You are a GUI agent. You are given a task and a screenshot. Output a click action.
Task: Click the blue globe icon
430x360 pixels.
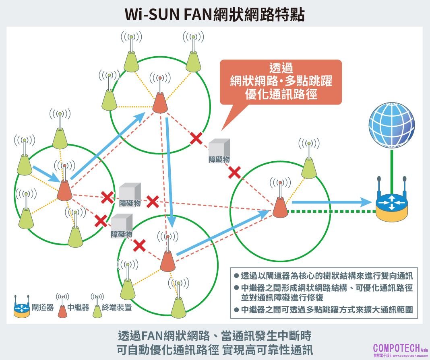tap(391, 125)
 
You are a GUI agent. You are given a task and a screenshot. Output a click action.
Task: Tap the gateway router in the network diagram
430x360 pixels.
tap(392, 203)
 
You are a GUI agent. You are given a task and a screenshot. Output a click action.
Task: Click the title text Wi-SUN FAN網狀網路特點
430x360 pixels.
tap(215, 14)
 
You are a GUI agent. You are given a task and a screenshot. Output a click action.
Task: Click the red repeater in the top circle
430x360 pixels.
tap(159, 103)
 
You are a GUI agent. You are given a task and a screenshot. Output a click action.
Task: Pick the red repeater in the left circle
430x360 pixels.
tap(64, 190)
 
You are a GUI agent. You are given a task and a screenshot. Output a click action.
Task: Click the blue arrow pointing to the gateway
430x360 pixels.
tap(330, 202)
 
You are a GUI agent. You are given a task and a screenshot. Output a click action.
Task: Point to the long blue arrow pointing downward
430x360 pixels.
tap(170, 169)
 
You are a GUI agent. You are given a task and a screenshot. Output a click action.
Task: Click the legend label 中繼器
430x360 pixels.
tap(78, 308)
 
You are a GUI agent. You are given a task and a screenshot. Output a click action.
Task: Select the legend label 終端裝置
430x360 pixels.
tap(117, 308)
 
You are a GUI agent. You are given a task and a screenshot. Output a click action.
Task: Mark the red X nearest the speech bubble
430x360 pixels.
tap(196, 139)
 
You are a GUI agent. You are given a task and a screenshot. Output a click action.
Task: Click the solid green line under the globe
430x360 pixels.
tap(391, 163)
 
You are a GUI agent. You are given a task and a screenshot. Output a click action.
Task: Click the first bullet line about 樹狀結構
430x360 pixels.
tap(326, 276)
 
